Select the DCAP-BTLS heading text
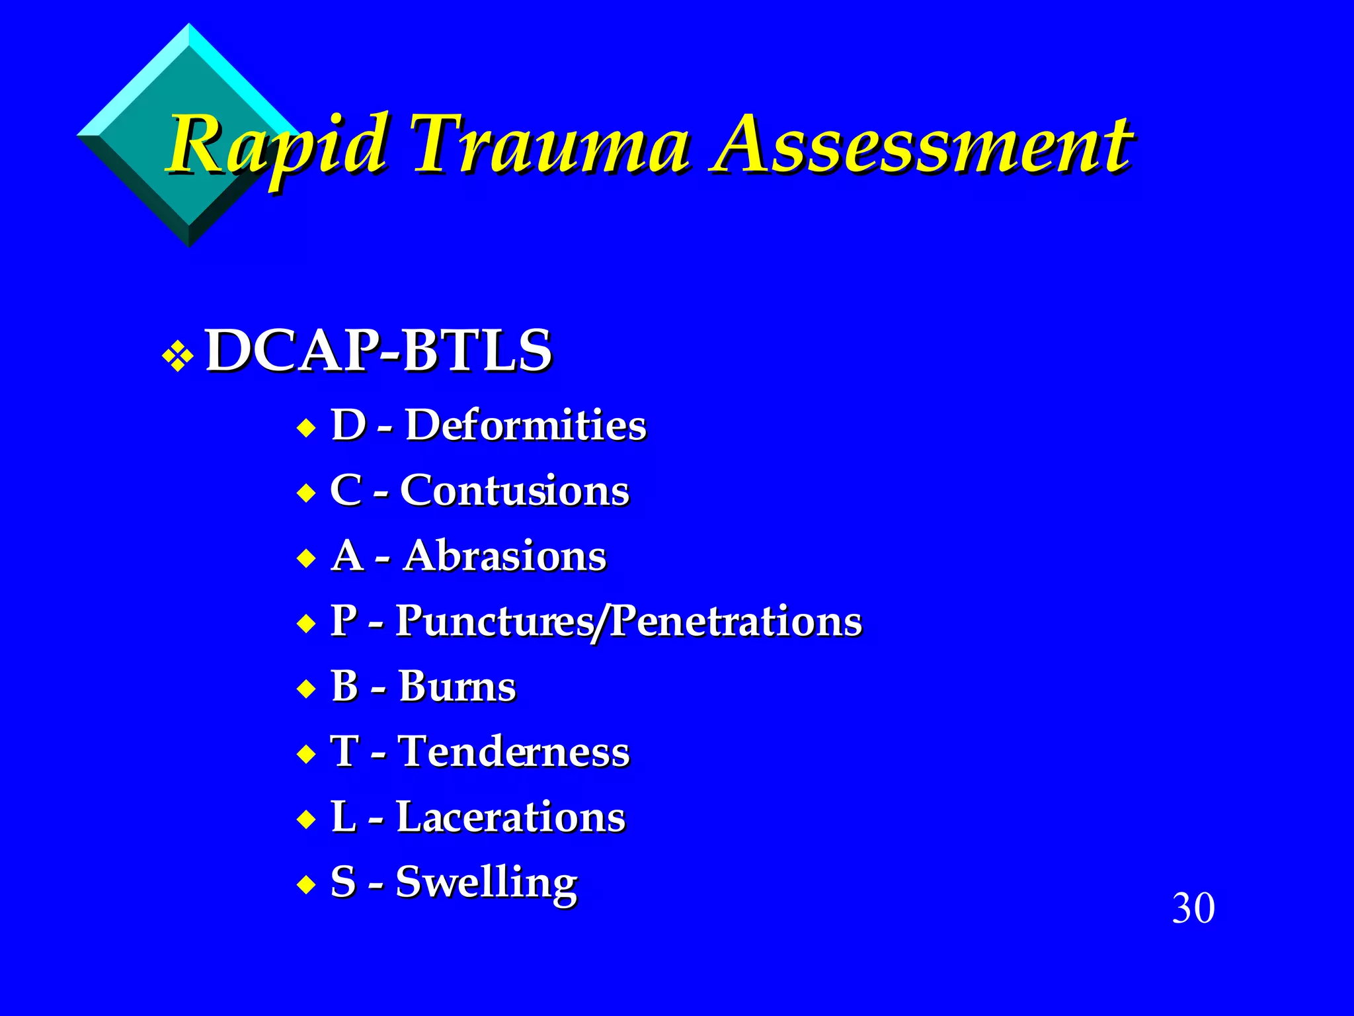point(378,351)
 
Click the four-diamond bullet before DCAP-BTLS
point(178,357)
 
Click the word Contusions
point(514,491)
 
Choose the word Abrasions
point(504,556)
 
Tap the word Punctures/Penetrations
point(628,621)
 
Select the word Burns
point(457,687)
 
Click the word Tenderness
point(514,752)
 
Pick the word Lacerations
point(510,818)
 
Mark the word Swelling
point(486,882)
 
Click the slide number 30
point(1193,908)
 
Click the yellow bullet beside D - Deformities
point(306,428)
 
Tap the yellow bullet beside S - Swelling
point(306,885)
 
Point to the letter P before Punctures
point(344,621)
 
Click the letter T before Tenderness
point(344,752)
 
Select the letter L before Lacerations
point(343,818)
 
